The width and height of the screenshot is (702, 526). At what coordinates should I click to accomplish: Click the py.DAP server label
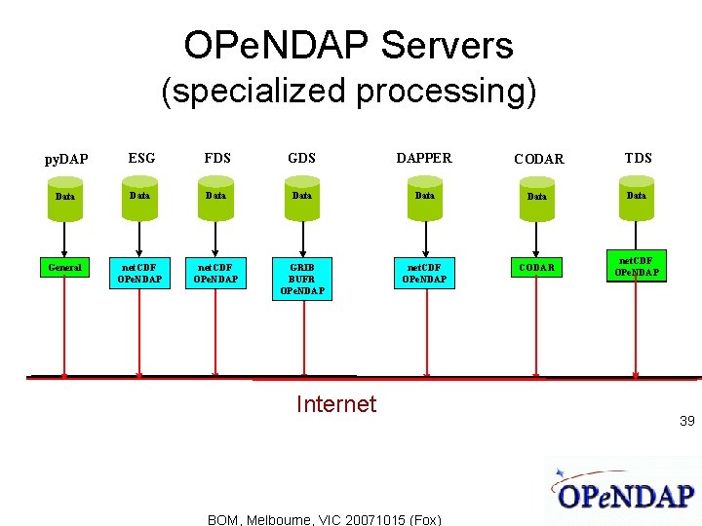(x=66, y=159)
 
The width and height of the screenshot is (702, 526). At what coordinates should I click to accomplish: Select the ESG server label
(x=141, y=158)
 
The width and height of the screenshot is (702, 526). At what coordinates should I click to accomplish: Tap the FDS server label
(x=216, y=158)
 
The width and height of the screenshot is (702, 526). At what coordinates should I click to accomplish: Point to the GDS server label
(x=301, y=158)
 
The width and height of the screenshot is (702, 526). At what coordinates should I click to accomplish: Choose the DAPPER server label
(x=423, y=158)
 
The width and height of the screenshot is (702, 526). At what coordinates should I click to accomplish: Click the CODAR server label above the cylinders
(x=539, y=159)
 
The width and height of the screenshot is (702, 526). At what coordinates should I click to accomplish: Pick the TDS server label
(x=639, y=158)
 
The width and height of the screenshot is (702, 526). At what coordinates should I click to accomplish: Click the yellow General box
(x=64, y=267)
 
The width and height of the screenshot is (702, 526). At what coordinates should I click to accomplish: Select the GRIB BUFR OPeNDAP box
(x=302, y=278)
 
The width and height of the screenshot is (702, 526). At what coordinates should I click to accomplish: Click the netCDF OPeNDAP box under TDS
(x=636, y=266)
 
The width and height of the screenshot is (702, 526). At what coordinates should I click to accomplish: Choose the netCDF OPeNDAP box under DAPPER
(x=424, y=273)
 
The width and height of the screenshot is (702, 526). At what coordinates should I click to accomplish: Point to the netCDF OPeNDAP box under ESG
(x=140, y=273)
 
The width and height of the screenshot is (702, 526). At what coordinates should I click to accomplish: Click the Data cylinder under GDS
(x=302, y=196)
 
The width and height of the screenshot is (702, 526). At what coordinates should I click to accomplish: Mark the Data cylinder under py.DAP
(x=65, y=197)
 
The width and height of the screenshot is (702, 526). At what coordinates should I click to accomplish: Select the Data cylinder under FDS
(x=215, y=196)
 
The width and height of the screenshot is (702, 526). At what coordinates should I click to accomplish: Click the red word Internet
(x=335, y=404)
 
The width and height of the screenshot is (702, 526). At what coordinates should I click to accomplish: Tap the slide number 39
(x=686, y=421)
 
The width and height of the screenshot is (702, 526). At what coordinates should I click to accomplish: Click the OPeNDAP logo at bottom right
(x=624, y=492)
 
